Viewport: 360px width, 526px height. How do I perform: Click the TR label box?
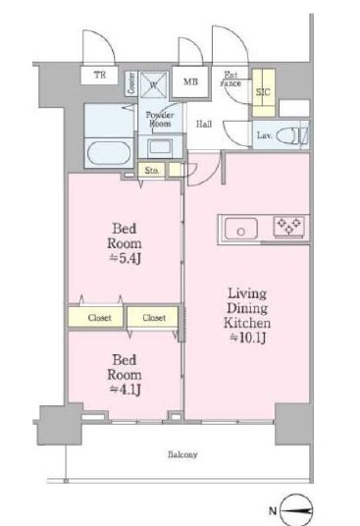[x=98, y=75]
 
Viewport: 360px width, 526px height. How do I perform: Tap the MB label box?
[x=188, y=80]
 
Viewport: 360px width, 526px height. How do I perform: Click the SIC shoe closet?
[x=262, y=91]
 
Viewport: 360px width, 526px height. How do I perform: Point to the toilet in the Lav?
[x=294, y=134]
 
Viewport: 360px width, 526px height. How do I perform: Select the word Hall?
[x=204, y=125]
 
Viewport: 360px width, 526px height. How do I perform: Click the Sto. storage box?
[x=153, y=171]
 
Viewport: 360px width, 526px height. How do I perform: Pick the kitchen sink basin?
[x=240, y=228]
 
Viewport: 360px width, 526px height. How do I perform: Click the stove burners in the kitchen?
[x=287, y=227]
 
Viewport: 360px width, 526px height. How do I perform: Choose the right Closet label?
[x=154, y=317]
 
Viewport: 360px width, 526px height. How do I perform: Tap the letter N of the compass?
[x=273, y=511]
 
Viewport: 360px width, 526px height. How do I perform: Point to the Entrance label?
[x=231, y=78]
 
